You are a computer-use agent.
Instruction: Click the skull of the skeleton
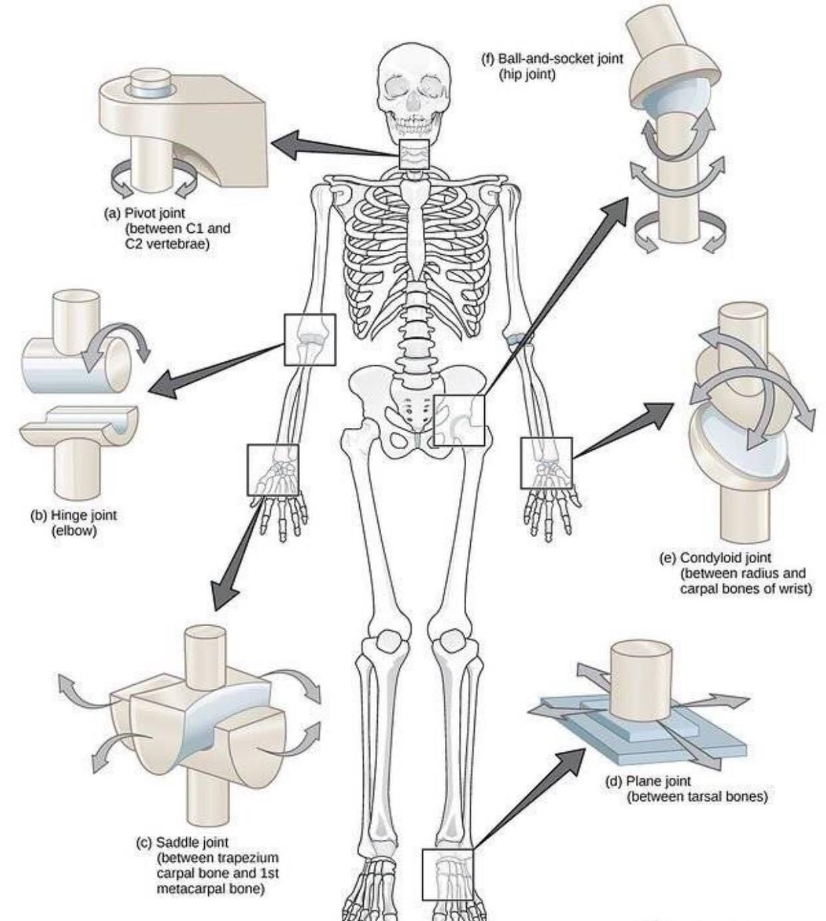tap(410, 87)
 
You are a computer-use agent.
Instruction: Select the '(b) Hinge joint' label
tap(74, 515)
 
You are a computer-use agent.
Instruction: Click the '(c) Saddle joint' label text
tap(182, 842)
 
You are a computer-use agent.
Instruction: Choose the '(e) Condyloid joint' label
tap(716, 558)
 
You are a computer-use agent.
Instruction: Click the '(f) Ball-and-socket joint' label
tap(552, 59)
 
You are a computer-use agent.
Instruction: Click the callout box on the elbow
tap(310, 339)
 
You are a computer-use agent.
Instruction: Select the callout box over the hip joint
tap(459, 420)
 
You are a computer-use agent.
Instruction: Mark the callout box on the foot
tap(448, 874)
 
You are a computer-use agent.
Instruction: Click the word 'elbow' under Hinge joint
tap(74, 531)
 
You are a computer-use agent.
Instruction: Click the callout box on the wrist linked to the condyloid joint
tap(547, 462)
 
